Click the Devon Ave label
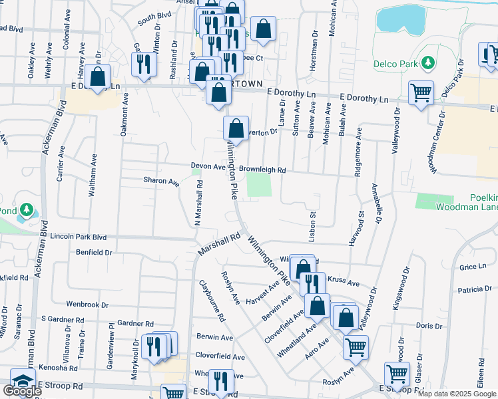(208, 167)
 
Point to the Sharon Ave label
(161, 181)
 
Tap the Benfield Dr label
(94, 253)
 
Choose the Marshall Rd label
(219, 245)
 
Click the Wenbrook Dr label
(87, 305)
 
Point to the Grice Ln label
(473, 267)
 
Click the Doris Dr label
(429, 326)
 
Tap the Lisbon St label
(312, 225)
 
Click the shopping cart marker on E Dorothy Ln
(421, 93)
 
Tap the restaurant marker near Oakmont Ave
(144, 65)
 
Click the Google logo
(22, 391)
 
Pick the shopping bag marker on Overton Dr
(236, 128)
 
